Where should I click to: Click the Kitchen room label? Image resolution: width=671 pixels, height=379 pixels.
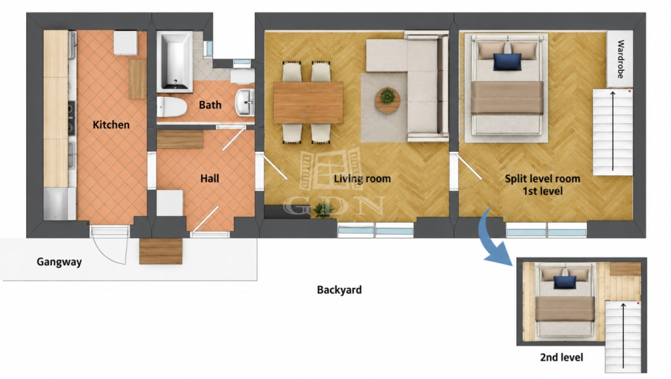tap(111, 125)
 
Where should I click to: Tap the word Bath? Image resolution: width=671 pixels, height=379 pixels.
tap(210, 105)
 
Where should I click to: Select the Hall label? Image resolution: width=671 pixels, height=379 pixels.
tap(210, 178)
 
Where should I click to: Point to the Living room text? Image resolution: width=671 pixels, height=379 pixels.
tap(362, 179)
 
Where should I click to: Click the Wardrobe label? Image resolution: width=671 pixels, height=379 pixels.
tap(621, 59)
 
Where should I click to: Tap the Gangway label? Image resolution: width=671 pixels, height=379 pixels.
tap(59, 262)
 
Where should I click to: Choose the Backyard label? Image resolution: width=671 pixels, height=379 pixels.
tap(339, 290)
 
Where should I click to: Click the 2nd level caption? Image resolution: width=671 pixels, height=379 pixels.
tap(562, 357)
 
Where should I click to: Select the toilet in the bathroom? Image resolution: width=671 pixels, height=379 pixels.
tap(172, 107)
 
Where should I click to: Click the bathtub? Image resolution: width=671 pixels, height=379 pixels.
tap(174, 62)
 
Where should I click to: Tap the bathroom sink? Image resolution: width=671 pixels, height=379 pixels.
tap(245, 102)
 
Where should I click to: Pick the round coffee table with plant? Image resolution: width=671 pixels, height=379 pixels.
tap(388, 100)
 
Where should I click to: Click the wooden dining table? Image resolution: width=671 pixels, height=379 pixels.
tap(308, 103)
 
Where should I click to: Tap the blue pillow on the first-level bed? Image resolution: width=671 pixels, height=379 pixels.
tap(508, 62)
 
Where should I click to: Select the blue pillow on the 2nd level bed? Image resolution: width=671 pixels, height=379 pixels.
tap(565, 282)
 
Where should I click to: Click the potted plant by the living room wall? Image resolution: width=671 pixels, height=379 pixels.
tap(323, 210)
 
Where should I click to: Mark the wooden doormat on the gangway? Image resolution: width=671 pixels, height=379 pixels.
tap(161, 251)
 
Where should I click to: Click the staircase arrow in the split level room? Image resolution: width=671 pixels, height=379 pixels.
tap(613, 131)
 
